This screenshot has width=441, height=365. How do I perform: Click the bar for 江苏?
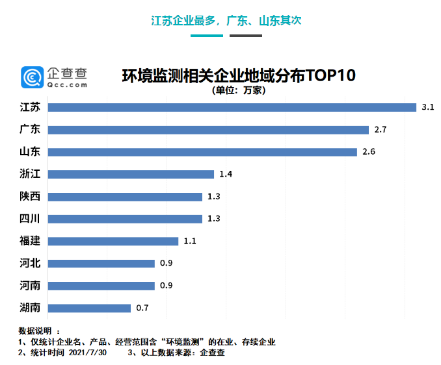click(232, 107)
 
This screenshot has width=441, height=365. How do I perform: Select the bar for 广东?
click(208, 130)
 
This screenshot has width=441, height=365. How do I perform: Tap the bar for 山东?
click(202, 152)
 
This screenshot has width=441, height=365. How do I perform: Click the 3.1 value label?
click(427, 107)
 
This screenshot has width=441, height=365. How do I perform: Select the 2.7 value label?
click(381, 130)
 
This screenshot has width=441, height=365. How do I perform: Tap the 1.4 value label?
click(225, 174)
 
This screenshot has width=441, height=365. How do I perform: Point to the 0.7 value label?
click(142, 308)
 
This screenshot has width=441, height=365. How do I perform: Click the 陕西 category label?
click(30, 196)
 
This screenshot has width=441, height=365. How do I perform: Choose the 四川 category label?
click(30, 218)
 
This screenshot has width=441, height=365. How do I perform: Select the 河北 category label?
click(30, 263)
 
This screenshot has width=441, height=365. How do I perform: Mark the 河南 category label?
click(30, 285)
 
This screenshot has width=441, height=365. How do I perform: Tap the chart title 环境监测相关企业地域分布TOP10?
click(239, 75)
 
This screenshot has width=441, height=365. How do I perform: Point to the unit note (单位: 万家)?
click(239, 90)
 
